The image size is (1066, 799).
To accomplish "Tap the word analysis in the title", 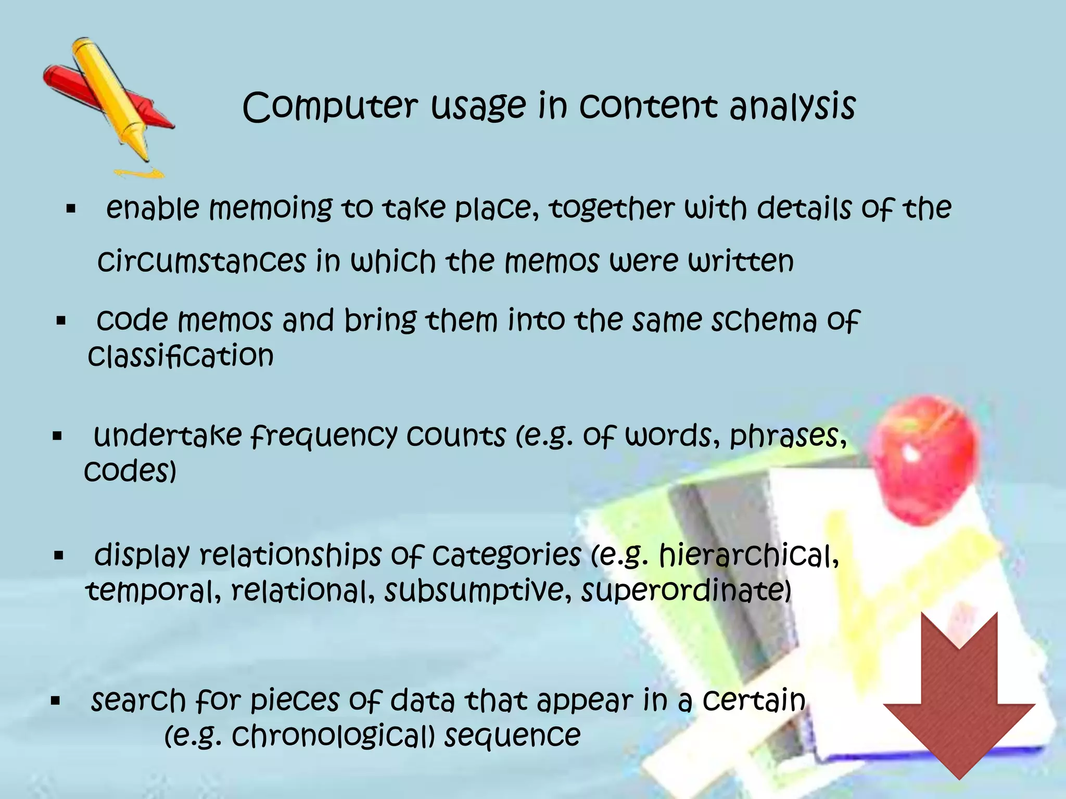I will click(792, 107).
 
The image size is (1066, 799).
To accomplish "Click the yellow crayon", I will click(112, 99).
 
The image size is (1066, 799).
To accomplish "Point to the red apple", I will click(924, 458).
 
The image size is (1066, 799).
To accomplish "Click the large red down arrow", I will click(959, 697).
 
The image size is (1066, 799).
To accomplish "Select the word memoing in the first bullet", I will click(270, 208).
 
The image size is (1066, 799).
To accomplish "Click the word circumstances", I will click(202, 261).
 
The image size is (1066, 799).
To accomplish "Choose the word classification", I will click(181, 356).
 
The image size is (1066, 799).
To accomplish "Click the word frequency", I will click(323, 436).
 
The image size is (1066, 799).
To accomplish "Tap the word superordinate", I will click(686, 591).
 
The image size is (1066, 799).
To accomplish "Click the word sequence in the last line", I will click(512, 736).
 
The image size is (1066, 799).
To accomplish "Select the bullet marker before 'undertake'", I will click(57, 436).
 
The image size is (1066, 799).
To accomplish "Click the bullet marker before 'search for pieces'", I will click(56, 701).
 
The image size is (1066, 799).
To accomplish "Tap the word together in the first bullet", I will click(612, 208).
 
